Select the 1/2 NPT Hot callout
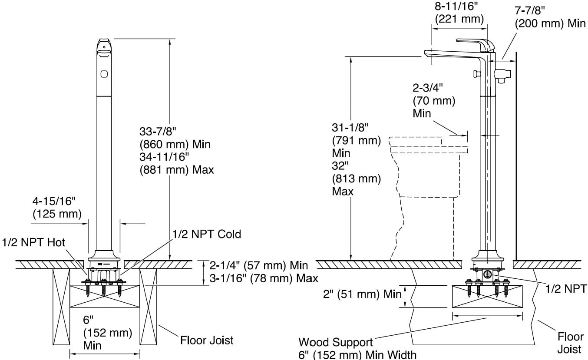point(33,242)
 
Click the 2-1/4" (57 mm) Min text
point(259,265)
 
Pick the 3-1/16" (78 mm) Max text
point(264,278)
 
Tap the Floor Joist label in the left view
point(207,340)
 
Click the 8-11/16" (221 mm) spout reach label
point(459,13)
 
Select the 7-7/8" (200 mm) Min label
point(550,17)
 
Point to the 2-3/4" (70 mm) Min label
point(434,100)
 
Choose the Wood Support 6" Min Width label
point(357,348)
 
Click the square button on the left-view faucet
point(104,74)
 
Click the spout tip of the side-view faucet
point(428,53)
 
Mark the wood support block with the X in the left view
point(104,296)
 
